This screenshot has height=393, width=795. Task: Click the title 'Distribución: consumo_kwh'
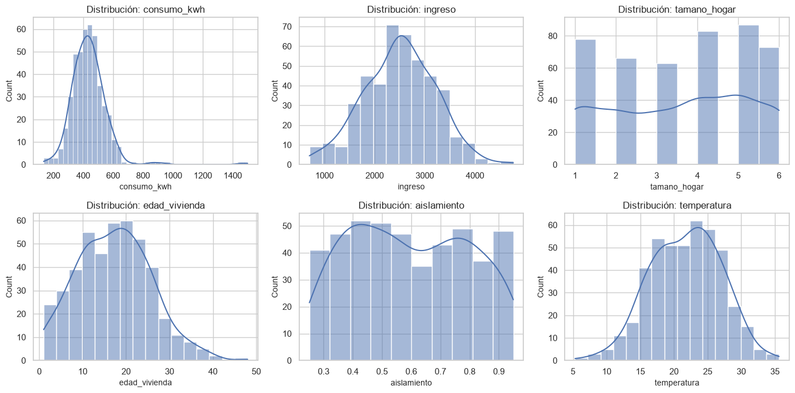(145, 9)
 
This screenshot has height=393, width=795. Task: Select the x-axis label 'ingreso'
(411, 186)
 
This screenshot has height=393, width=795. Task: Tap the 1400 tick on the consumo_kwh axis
(233, 175)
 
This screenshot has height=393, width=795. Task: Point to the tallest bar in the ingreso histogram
(392, 95)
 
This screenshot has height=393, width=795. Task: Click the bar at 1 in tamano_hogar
(585, 102)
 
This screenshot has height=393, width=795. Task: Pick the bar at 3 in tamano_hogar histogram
(667, 114)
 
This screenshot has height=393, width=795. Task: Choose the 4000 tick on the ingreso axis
(475, 175)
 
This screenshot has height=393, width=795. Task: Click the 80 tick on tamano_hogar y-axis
(553, 36)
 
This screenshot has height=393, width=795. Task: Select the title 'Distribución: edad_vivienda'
(145, 205)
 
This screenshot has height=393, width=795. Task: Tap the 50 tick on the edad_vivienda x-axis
(256, 371)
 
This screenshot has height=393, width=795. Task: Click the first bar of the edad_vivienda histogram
(50, 333)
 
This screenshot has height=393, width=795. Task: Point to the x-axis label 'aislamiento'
(411, 383)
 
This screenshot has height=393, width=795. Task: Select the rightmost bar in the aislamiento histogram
(503, 296)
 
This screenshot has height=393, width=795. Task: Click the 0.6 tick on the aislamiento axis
(411, 371)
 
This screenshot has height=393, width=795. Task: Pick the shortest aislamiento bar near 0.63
(422, 313)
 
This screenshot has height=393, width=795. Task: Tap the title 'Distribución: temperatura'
(677, 205)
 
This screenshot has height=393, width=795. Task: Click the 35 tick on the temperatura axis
(775, 371)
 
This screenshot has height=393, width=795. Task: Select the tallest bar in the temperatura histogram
(696, 291)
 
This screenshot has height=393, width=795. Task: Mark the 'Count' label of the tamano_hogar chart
(540, 91)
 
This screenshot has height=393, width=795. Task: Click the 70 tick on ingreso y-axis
(287, 26)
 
